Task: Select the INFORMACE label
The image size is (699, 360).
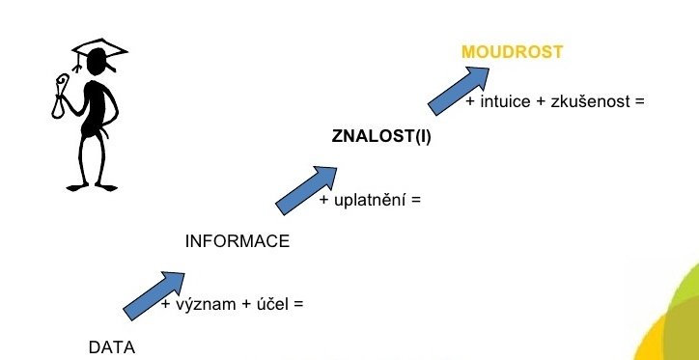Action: tap(237, 241)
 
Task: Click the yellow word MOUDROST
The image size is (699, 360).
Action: tap(512, 52)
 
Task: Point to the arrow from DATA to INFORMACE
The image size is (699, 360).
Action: tap(154, 294)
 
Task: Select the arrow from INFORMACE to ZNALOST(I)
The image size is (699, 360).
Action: tap(307, 189)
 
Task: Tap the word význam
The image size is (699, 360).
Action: tap(204, 305)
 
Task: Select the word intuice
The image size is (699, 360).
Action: tap(504, 100)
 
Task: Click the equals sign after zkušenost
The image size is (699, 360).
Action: tap(638, 100)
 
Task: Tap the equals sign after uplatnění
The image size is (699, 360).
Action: tap(417, 201)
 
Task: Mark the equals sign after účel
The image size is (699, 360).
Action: tap(298, 305)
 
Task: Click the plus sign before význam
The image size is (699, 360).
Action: tap(166, 305)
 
